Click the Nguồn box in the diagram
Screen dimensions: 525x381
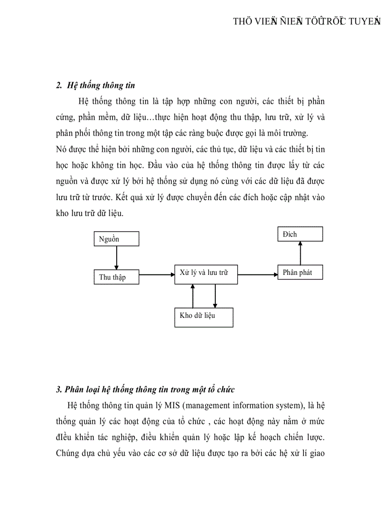pos(117,239)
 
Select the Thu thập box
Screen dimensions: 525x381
pos(117,277)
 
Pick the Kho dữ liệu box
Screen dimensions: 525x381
pos(203,316)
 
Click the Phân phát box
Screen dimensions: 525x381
pos(300,272)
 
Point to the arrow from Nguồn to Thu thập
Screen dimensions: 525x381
pos(117,258)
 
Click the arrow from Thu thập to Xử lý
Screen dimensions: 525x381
pos(156,275)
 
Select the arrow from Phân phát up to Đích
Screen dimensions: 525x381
pos(300,253)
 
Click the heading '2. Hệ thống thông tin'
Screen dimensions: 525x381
pos(96,86)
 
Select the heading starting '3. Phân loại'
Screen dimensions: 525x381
pos(145,389)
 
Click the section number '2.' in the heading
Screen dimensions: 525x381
pos(59,86)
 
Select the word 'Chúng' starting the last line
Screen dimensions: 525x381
pos(68,453)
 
